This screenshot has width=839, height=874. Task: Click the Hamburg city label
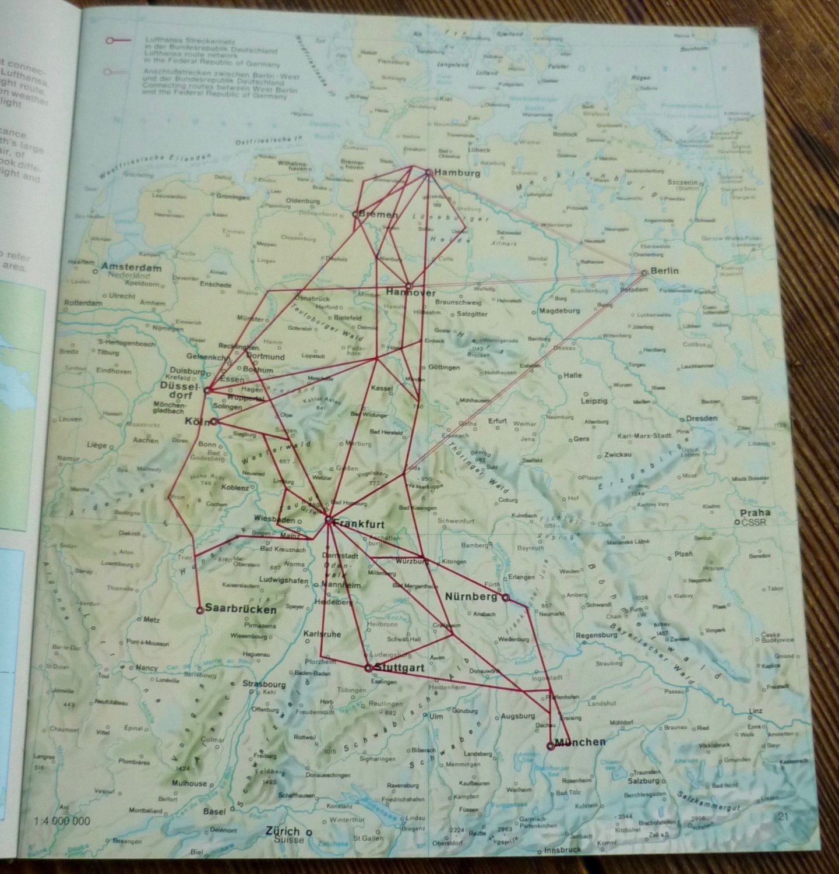click(x=457, y=173)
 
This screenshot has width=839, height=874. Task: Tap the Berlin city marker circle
click(x=644, y=273)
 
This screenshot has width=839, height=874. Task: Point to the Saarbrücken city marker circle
click(x=200, y=610)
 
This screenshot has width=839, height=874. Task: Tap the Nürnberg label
click(x=471, y=597)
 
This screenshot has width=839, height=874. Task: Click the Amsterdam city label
click(x=131, y=267)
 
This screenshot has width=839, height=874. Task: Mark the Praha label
click(x=755, y=513)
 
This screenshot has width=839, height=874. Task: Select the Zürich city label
click(x=283, y=831)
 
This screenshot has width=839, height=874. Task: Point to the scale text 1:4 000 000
click(x=62, y=821)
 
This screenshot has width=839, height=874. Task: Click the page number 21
click(x=783, y=816)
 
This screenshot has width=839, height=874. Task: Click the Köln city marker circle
click(x=214, y=421)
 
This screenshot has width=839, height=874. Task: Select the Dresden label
click(x=701, y=418)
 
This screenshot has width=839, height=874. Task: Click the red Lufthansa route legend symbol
click(x=117, y=41)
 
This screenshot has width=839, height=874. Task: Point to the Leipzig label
click(x=594, y=401)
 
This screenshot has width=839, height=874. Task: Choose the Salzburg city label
click(x=644, y=781)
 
